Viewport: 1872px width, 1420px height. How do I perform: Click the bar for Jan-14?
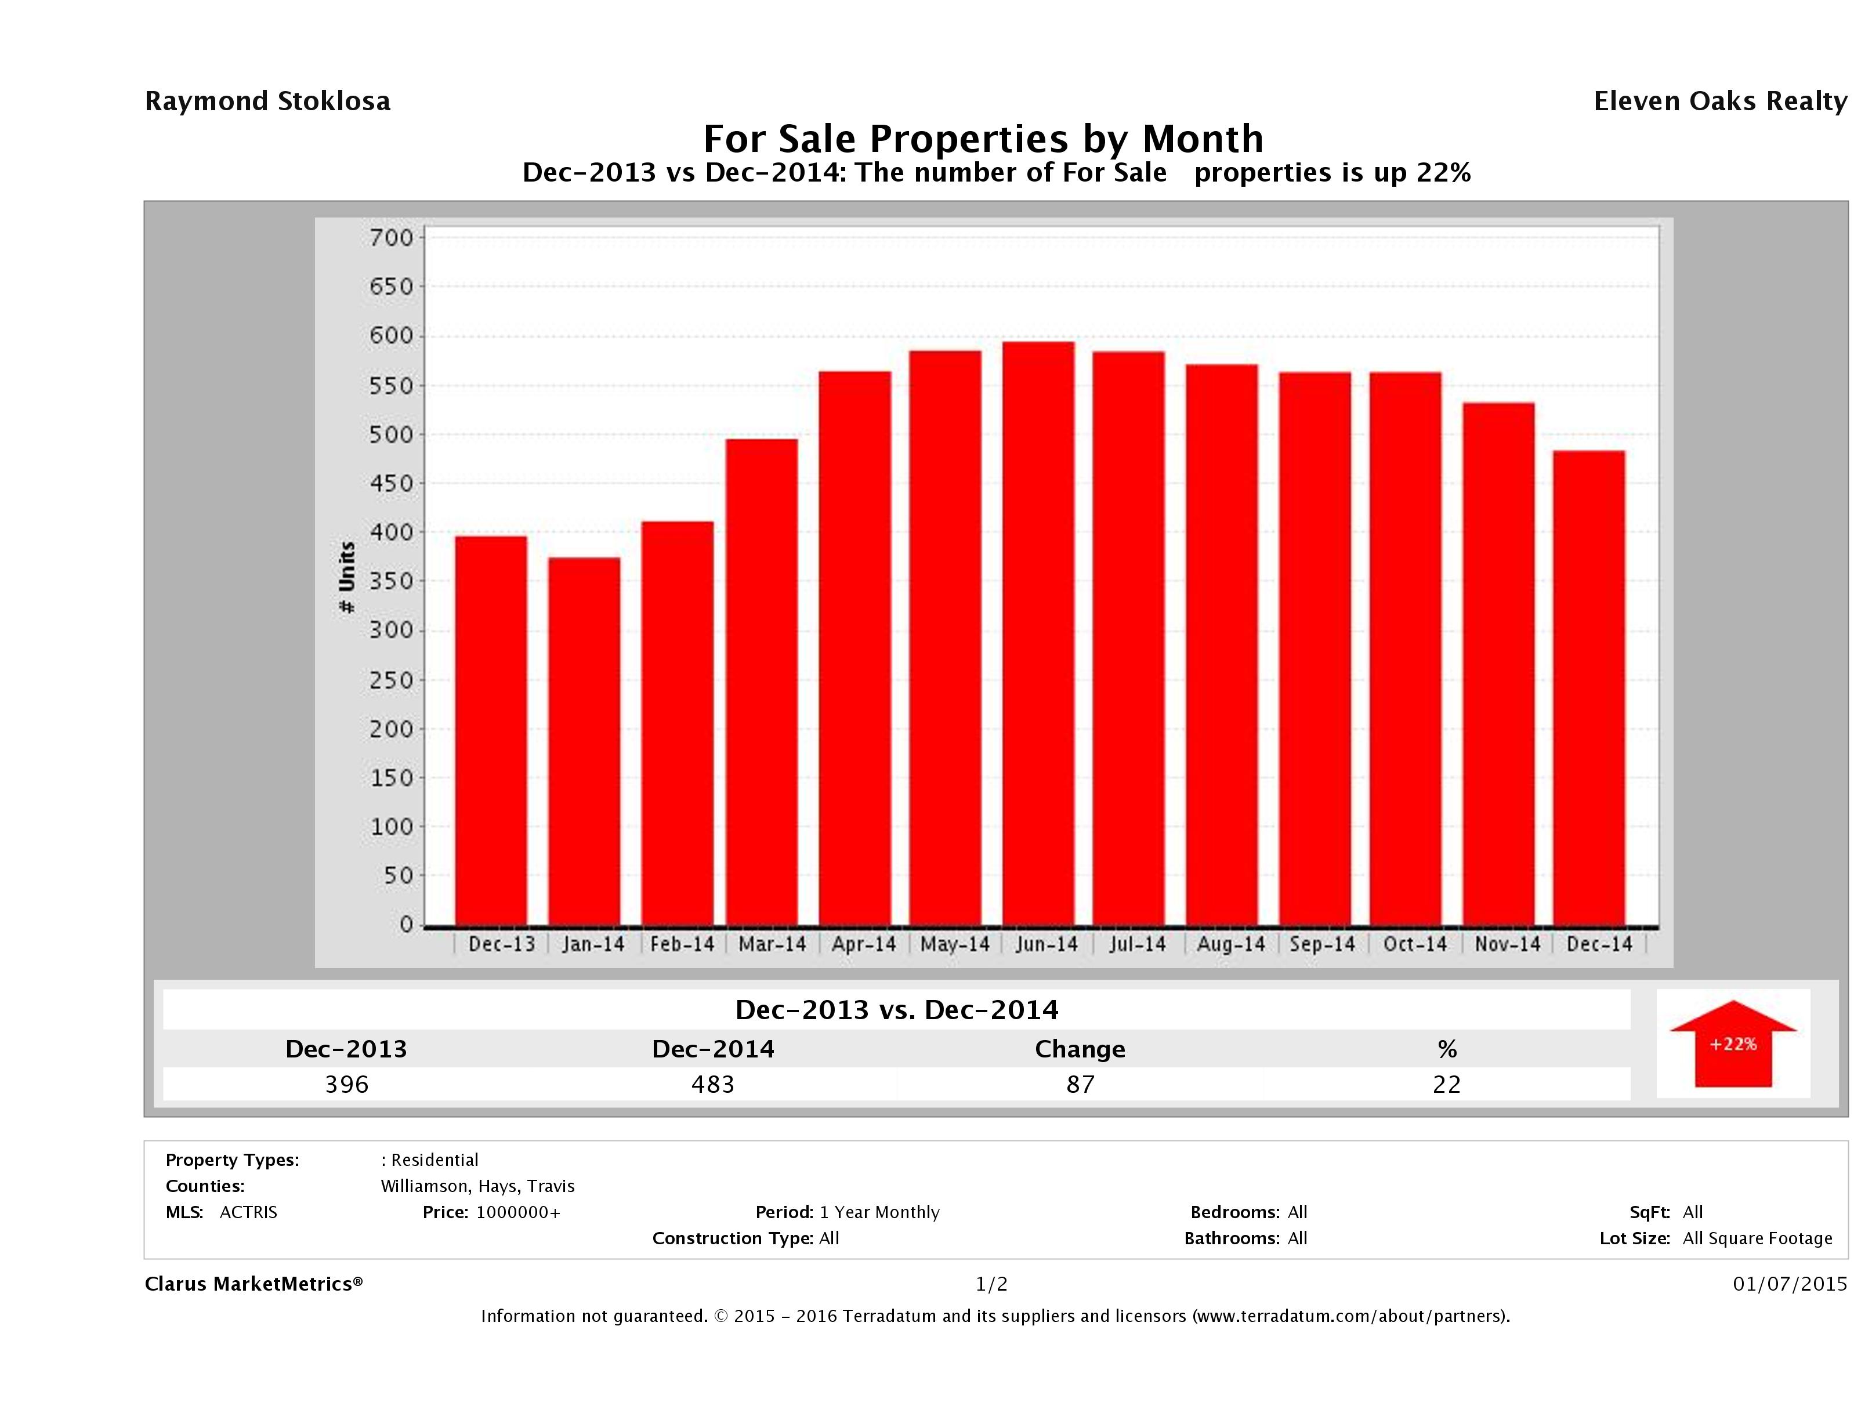coord(584,741)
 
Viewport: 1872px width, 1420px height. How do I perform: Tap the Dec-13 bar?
coord(491,731)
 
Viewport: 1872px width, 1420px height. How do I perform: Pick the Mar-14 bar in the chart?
coord(762,682)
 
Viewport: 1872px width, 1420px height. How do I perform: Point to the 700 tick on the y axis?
coord(391,238)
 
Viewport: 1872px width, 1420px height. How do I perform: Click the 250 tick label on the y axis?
coord(391,680)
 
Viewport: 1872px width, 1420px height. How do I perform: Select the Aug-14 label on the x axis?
coord(1230,944)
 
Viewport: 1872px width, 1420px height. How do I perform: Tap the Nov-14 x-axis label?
coord(1507,944)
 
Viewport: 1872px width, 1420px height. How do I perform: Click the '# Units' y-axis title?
coord(347,577)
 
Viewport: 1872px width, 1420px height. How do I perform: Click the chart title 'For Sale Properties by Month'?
coord(983,138)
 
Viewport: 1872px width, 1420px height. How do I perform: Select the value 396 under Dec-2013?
coord(347,1084)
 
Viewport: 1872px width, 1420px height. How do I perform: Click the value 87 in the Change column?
coord(1080,1084)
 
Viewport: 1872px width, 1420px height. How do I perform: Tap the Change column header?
coord(1080,1049)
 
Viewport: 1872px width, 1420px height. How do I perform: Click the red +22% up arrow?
coord(1732,1044)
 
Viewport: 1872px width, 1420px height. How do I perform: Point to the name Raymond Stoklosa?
coord(267,102)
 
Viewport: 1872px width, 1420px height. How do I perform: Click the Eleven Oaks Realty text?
coord(1719,102)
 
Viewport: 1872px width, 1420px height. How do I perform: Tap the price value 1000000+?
coord(518,1213)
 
